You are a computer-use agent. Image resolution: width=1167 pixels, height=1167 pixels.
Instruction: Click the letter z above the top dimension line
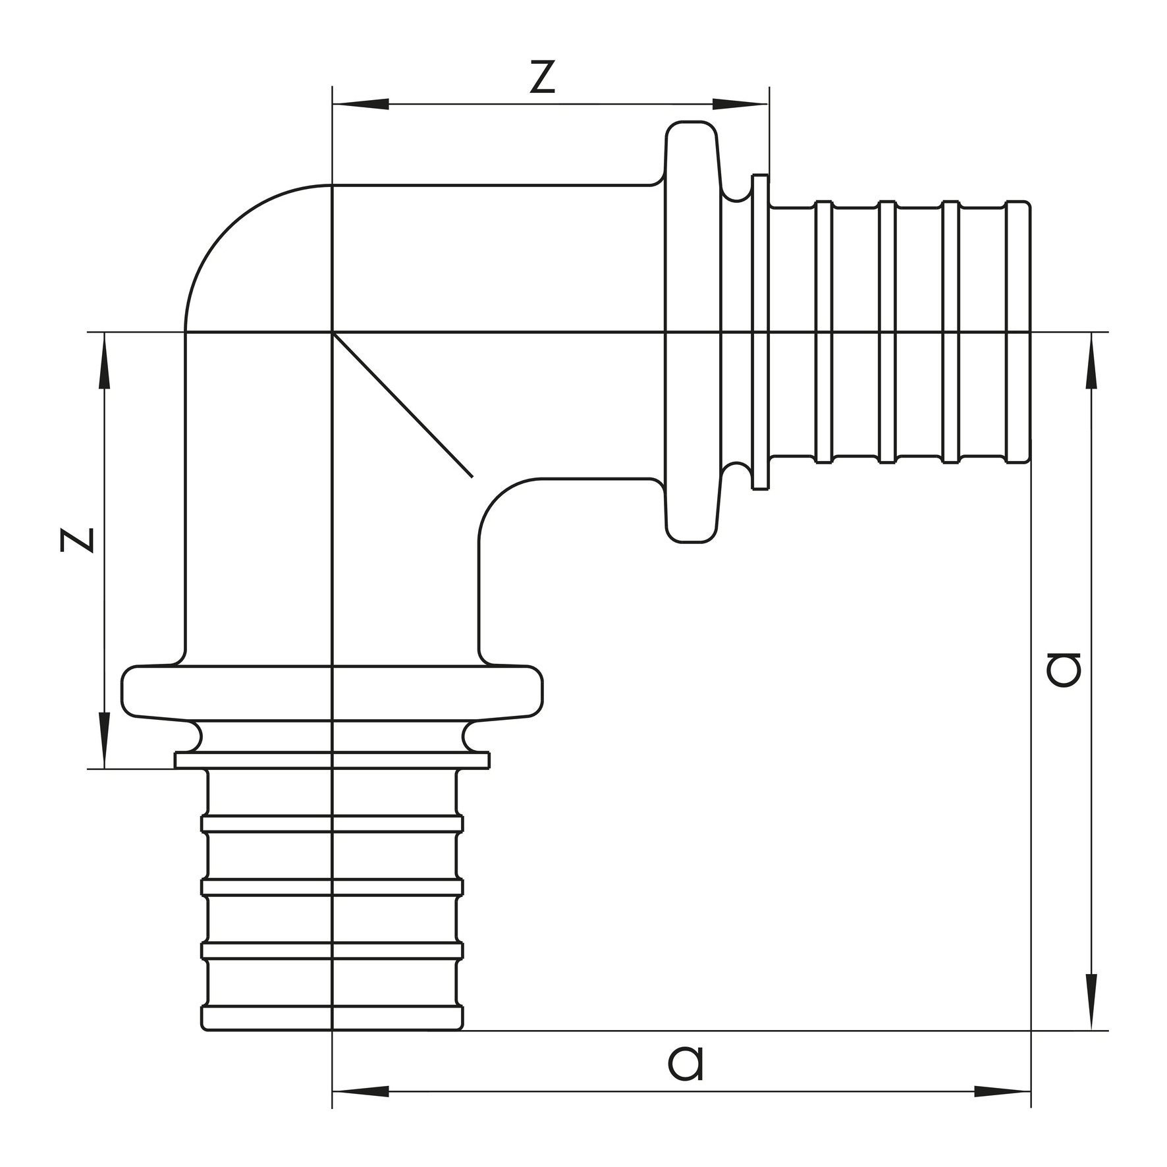click(x=542, y=77)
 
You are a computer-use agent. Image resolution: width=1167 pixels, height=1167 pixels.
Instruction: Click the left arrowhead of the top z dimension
click(x=360, y=104)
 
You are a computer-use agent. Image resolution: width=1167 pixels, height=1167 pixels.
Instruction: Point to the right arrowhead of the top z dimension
click(x=740, y=104)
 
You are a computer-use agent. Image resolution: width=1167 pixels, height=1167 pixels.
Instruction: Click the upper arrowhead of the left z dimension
click(x=104, y=361)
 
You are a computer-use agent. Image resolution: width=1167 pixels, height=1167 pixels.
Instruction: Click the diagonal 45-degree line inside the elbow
click(x=402, y=404)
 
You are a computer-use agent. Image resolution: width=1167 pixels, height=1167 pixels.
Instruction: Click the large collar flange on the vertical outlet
click(x=333, y=693)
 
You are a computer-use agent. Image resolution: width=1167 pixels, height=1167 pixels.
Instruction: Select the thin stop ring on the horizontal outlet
click(x=760, y=332)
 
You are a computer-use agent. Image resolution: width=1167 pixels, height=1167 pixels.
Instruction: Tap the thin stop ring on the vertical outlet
click(x=333, y=760)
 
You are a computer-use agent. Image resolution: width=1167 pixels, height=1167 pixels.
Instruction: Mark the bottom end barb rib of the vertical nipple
click(x=332, y=1018)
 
